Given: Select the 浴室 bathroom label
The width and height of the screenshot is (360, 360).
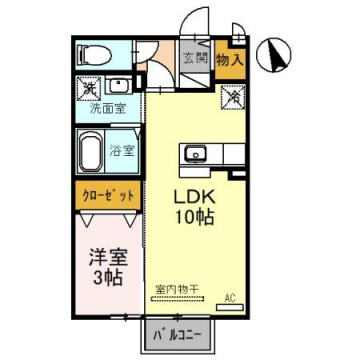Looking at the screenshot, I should [124, 151].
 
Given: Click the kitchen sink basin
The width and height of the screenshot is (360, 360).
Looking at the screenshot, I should [192, 155].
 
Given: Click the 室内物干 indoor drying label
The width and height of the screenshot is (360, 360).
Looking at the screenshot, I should [177, 289].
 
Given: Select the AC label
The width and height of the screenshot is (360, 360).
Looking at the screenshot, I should [230, 297].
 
